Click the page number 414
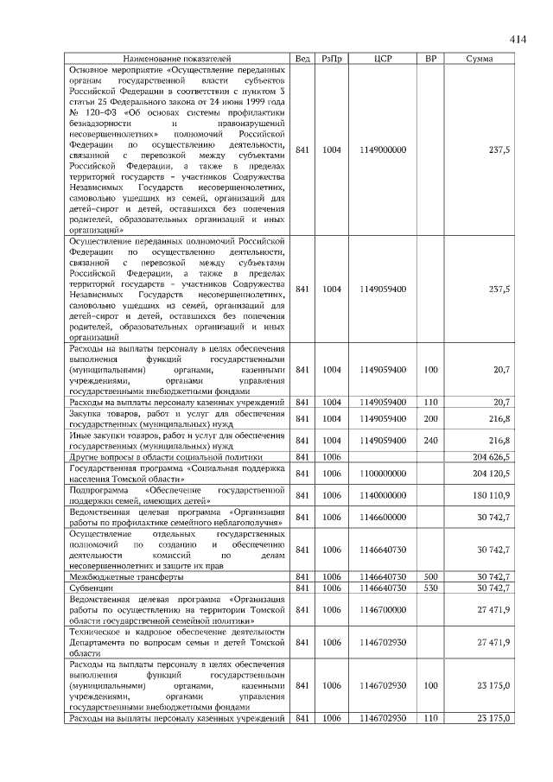click(517, 39)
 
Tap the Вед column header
click(302, 58)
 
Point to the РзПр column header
click(332, 58)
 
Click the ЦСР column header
click(384, 58)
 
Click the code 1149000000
click(384, 149)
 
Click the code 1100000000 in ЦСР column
click(384, 474)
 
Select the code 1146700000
click(384, 610)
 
